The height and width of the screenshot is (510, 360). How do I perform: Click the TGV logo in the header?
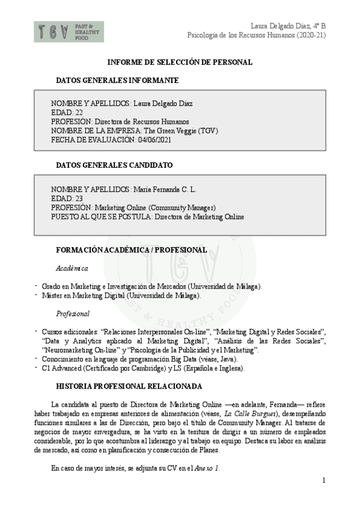(x=69, y=31)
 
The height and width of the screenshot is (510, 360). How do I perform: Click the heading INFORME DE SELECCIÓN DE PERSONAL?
(x=179, y=62)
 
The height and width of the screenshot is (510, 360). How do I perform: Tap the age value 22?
(x=79, y=112)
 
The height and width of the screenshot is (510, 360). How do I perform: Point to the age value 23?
(x=79, y=198)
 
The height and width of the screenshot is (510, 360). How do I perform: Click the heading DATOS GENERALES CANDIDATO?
(x=114, y=165)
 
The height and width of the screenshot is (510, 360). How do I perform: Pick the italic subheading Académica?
(x=72, y=268)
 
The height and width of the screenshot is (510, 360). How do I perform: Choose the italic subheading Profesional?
(x=73, y=313)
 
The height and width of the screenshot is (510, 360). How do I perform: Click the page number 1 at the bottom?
(x=323, y=480)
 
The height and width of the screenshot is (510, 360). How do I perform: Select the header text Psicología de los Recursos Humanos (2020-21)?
(x=257, y=35)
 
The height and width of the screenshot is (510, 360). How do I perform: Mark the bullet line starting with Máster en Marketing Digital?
(x=121, y=295)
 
